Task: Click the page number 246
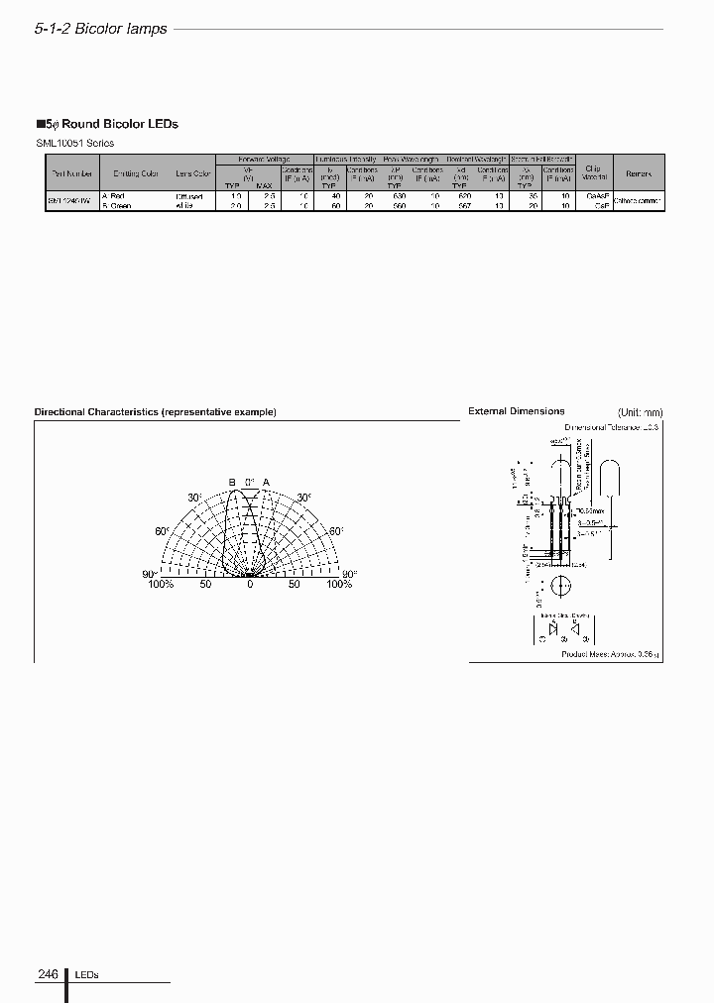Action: click(x=48, y=974)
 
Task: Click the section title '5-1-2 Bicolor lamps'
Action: click(x=100, y=29)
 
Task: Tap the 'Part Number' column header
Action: click(x=72, y=173)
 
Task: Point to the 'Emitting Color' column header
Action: click(x=136, y=173)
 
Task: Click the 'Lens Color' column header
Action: click(x=192, y=173)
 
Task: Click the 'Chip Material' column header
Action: click(x=593, y=172)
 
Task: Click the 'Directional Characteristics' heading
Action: click(x=155, y=411)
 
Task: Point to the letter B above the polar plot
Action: click(x=233, y=482)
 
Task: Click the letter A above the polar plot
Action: click(x=266, y=482)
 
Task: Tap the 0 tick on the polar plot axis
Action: click(x=250, y=585)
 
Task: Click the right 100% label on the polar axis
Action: click(x=339, y=585)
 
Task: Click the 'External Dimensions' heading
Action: click(x=516, y=411)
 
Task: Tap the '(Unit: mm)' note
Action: click(x=640, y=412)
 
